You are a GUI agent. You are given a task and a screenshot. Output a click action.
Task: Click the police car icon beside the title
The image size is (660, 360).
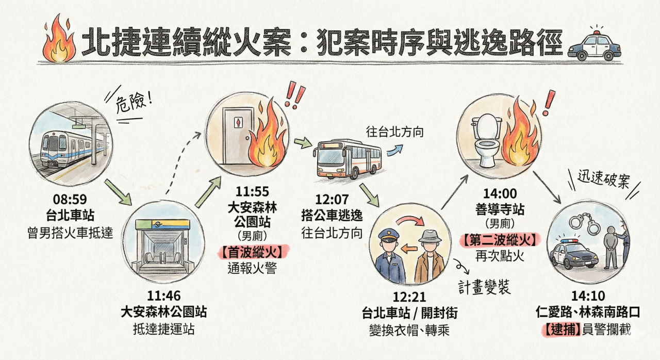click(594, 45)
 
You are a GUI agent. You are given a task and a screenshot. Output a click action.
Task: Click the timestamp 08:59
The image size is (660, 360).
click(70, 199)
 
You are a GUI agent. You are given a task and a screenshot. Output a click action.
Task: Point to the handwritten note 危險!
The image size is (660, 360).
click(135, 100)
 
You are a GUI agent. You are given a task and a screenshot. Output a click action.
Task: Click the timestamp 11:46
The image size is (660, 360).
click(163, 297)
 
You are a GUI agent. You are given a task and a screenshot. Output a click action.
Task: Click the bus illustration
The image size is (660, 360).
click(348, 158)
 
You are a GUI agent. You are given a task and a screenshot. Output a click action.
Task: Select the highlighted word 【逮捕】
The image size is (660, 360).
click(560, 328)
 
